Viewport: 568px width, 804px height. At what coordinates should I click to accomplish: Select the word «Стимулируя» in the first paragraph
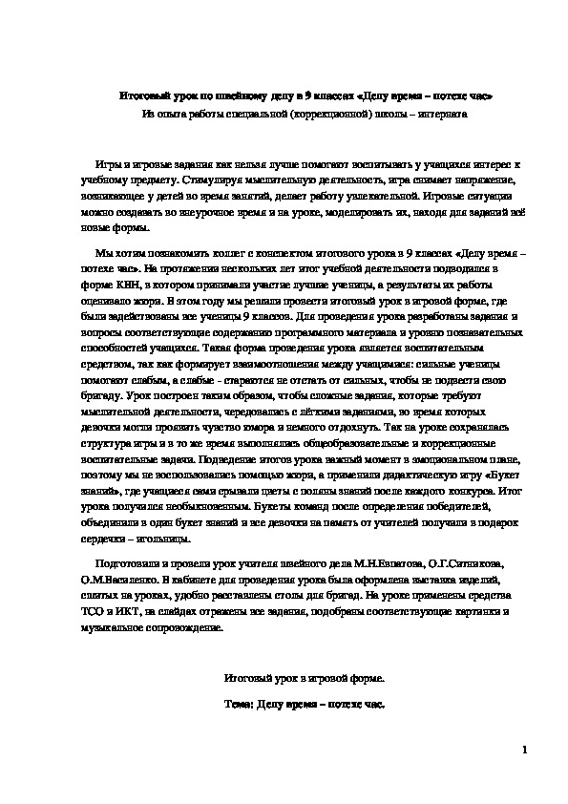[216, 179]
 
